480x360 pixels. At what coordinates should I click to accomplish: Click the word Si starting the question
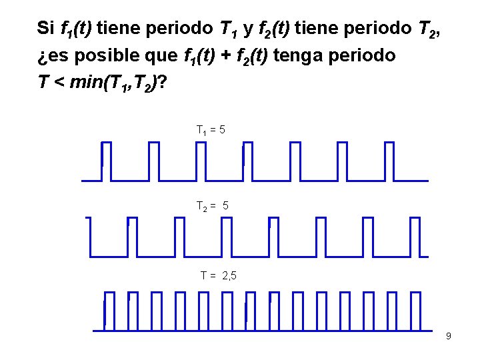point(46,28)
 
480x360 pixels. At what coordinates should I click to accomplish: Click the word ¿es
point(54,56)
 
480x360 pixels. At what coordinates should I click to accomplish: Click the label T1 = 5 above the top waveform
point(211,129)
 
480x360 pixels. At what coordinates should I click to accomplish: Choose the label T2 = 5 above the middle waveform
point(213,207)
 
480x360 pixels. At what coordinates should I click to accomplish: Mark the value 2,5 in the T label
point(228,275)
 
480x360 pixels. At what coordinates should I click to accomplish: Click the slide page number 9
point(448,336)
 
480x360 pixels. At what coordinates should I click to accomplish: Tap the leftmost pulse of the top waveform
point(107,161)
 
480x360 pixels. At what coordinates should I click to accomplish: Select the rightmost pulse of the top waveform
point(389,161)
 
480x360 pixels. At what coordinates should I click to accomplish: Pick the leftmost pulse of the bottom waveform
point(109,311)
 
